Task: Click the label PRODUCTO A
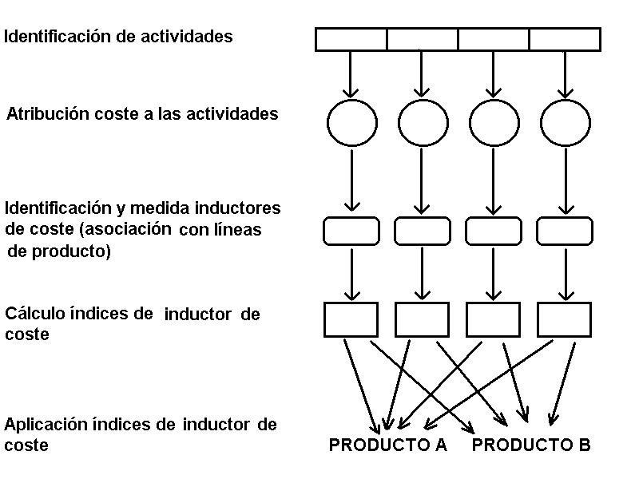click(x=387, y=445)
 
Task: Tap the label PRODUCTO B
click(x=531, y=445)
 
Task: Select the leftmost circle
click(x=351, y=122)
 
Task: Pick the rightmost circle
click(x=566, y=122)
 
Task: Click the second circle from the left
click(x=423, y=122)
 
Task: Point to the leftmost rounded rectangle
click(x=351, y=231)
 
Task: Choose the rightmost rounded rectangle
click(x=565, y=231)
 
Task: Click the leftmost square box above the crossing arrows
click(x=351, y=319)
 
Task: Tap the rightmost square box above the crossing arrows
click(x=565, y=319)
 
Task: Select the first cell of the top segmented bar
click(x=351, y=39)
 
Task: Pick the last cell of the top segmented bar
click(x=565, y=39)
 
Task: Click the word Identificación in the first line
click(x=53, y=37)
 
